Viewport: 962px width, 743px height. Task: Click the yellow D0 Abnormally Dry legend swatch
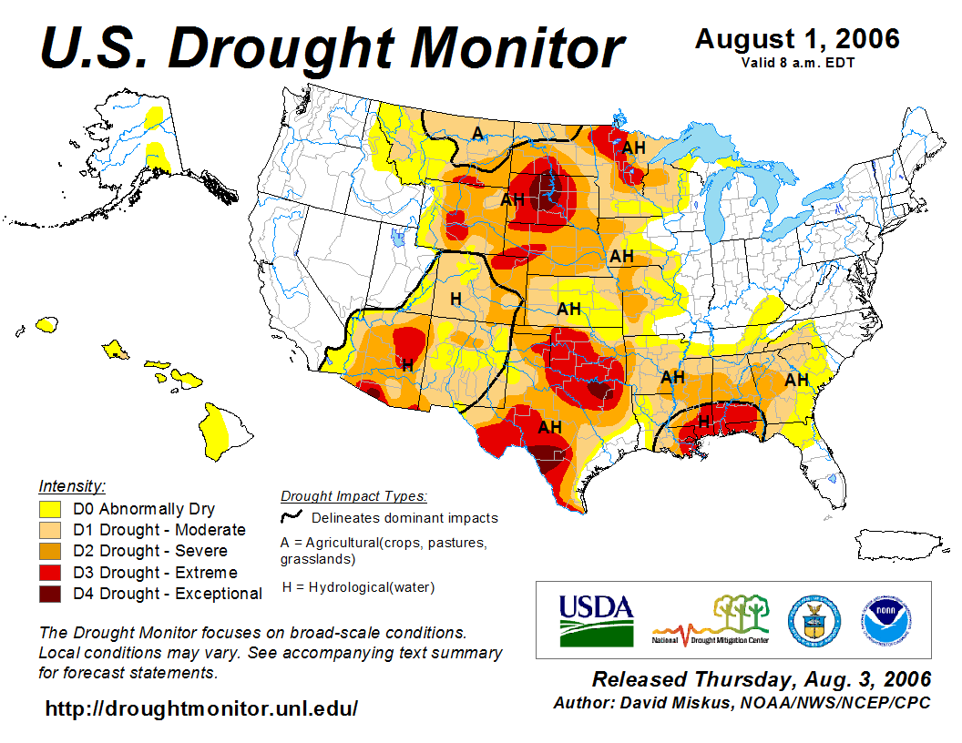pos(50,508)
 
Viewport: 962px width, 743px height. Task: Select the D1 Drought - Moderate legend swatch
pos(50,529)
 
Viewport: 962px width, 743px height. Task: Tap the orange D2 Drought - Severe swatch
pos(50,551)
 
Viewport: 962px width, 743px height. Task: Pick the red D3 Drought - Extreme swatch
pos(50,572)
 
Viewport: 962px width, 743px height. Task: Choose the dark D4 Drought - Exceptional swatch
pos(50,594)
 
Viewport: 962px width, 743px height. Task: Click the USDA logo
pos(596,620)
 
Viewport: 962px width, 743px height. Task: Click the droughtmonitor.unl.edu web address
pos(201,707)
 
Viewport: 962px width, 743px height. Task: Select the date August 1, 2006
pos(797,39)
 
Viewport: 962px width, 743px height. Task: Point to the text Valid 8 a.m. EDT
pos(797,62)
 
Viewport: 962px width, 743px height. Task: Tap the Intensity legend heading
pos(72,485)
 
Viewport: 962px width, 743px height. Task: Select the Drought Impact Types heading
pos(353,496)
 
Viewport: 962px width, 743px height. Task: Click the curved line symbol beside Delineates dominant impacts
pos(292,517)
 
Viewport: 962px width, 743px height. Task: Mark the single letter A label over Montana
pos(476,134)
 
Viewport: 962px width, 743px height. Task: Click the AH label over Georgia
pos(797,380)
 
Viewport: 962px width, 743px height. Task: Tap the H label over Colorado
pos(455,298)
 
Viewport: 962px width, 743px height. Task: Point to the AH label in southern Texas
pos(550,426)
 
